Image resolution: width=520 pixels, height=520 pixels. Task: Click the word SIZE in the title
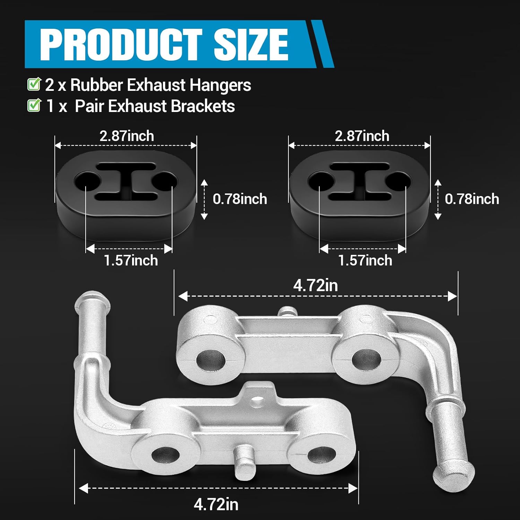tap(250, 44)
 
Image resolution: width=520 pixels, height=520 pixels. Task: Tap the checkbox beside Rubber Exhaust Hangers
tap(34, 85)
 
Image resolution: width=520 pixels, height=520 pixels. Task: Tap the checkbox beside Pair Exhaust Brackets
tap(34, 105)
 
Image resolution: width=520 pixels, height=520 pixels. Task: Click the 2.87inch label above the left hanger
tap(127, 136)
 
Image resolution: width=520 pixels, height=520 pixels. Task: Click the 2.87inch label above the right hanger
tap(362, 136)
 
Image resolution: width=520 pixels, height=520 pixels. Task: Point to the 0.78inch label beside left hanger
tap(240, 199)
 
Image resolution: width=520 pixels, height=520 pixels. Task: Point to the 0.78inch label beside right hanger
tap(472, 199)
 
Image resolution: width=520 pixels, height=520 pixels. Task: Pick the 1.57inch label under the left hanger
tap(131, 260)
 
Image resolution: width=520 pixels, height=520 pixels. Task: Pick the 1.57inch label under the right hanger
tap(365, 260)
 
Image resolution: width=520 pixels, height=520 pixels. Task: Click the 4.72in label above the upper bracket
tap(315, 286)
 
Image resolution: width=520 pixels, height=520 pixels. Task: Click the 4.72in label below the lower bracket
tap(216, 504)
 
